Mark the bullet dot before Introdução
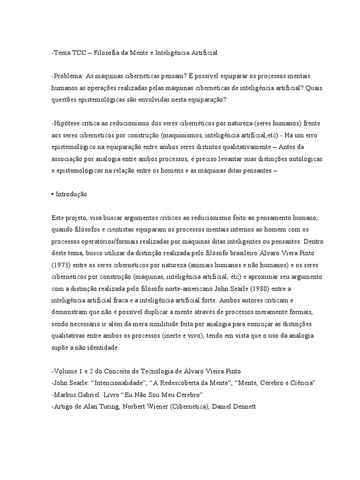click(x=53, y=194)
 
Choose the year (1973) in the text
click(x=62, y=265)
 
